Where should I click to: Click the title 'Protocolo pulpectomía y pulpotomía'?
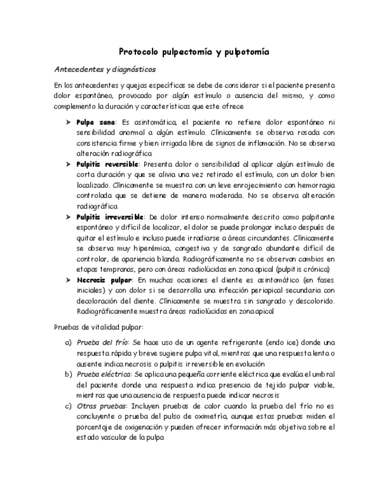[x=194, y=52]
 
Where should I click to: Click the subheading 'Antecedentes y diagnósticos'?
[x=105, y=69]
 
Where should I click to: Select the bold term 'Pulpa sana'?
[x=96, y=122]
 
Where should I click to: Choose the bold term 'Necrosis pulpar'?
[x=104, y=279]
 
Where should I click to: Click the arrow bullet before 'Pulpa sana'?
[x=68, y=122]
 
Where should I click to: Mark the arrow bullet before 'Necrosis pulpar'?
[x=68, y=279]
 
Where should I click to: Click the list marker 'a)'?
[x=68, y=343]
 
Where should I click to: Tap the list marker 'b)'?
[x=68, y=374]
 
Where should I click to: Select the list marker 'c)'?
[x=68, y=406]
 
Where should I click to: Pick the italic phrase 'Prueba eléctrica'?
[x=105, y=374]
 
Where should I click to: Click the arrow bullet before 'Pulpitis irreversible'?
[x=68, y=217]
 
